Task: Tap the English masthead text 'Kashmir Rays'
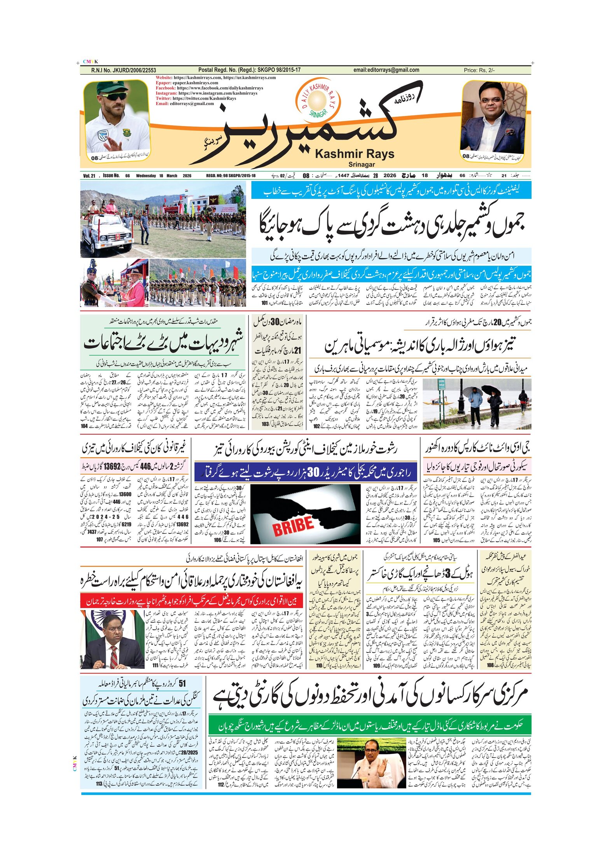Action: point(354,154)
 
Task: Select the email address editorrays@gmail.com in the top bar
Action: point(386,70)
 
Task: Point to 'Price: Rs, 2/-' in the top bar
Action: point(479,70)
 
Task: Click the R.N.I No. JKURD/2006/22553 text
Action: point(123,70)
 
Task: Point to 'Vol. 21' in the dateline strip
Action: point(89,175)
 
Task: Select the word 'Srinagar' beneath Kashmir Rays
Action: point(361,164)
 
